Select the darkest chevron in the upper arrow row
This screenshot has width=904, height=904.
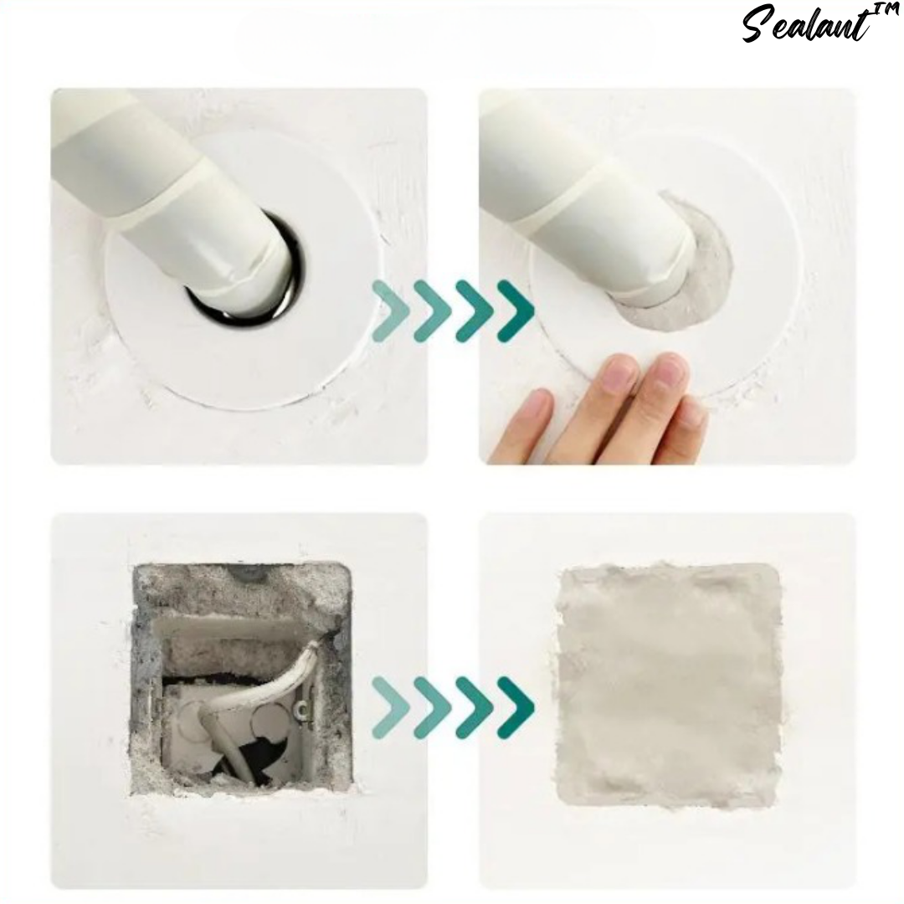(516, 310)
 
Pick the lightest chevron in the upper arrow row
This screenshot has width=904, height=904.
(391, 310)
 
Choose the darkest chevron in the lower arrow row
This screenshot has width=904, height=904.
(516, 707)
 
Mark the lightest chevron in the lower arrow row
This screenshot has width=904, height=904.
(391, 707)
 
